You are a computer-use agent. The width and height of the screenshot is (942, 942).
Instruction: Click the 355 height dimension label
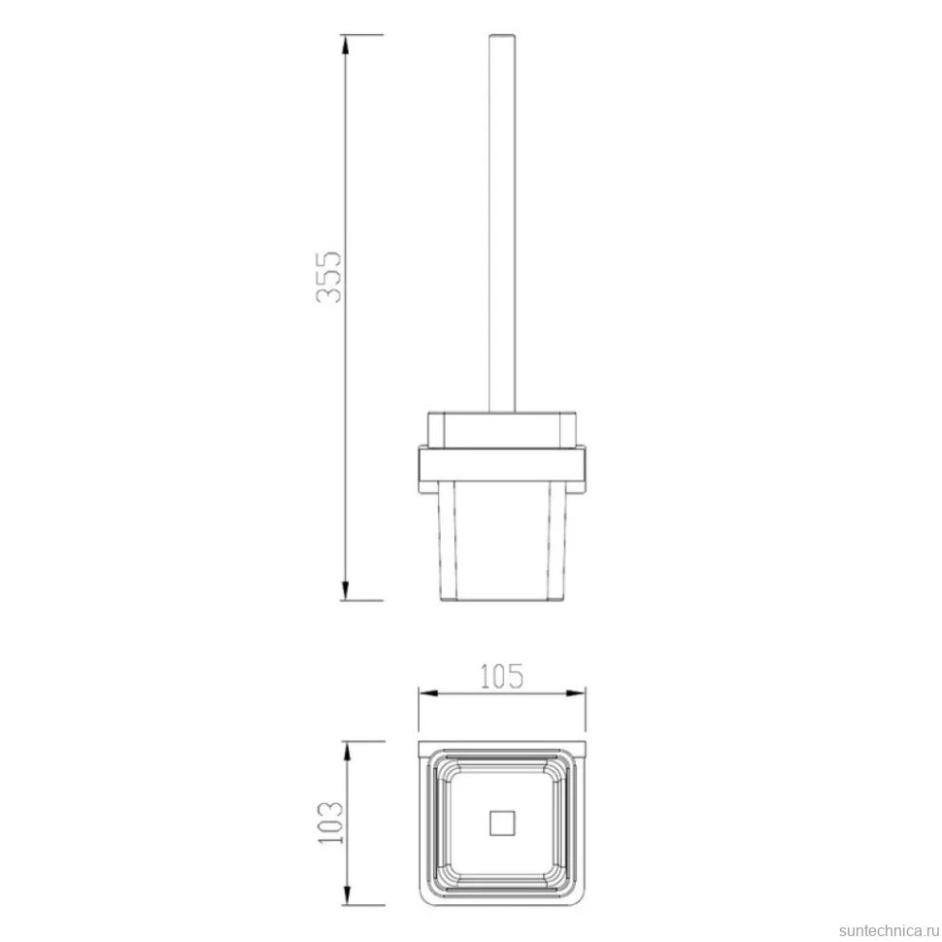pyautogui.click(x=329, y=277)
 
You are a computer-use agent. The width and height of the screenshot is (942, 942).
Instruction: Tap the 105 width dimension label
pyautogui.click(x=502, y=676)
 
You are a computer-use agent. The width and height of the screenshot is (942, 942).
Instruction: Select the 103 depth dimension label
pyautogui.click(x=331, y=823)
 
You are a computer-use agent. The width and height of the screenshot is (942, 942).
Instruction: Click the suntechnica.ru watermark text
pyautogui.click(x=890, y=930)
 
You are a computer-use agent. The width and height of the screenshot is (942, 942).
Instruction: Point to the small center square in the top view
pyautogui.click(x=502, y=824)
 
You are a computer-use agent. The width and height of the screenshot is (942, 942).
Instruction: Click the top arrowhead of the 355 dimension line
pyautogui.click(x=345, y=45)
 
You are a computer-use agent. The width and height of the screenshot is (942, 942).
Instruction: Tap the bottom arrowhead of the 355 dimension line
pyautogui.click(x=345, y=590)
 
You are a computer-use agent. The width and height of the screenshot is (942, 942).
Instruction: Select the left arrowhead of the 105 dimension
pyautogui.click(x=427, y=693)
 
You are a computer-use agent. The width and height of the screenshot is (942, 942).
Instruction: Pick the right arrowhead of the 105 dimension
pyautogui.click(x=576, y=693)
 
